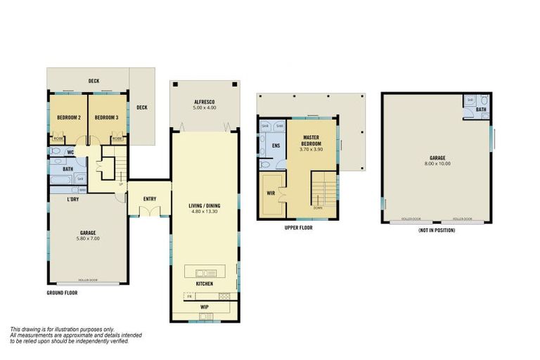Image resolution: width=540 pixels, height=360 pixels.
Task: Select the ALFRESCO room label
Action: tap(205, 103)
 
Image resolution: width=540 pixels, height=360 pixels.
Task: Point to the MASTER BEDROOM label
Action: tap(311, 141)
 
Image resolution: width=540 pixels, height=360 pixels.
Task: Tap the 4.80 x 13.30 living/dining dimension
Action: tap(205, 211)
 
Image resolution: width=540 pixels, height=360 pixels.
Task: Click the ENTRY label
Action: tap(150, 199)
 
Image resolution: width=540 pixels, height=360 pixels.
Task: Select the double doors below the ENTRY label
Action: tap(150, 210)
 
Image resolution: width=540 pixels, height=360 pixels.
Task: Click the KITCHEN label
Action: tap(205, 284)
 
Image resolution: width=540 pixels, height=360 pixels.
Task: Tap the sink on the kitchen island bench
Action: tap(205, 272)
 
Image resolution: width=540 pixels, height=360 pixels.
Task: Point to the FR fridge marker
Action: tap(188, 297)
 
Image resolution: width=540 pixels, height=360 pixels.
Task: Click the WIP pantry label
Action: tap(205, 307)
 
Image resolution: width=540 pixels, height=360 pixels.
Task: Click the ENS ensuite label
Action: tap(276, 146)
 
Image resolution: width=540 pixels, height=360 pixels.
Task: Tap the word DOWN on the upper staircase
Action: tap(318, 208)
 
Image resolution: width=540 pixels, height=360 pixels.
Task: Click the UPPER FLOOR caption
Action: tap(298, 229)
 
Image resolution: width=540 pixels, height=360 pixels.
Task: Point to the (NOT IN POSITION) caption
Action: tap(436, 231)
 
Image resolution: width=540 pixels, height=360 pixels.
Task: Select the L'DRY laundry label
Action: tap(72, 200)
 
